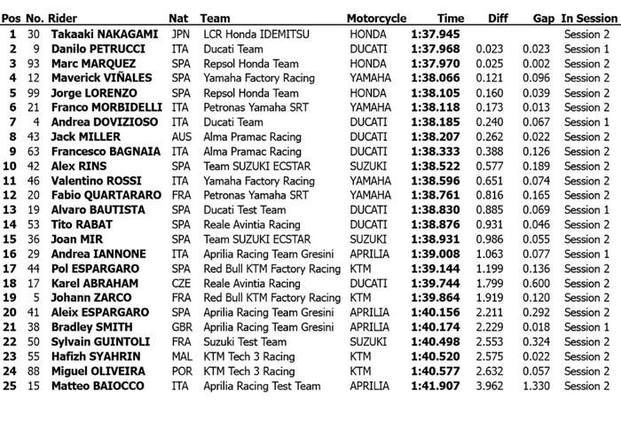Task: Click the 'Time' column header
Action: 450,18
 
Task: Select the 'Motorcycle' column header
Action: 376,18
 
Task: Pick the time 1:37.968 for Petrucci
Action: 436,49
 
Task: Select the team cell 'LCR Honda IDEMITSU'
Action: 255,34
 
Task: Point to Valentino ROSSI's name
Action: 89,181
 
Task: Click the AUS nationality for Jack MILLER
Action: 181,137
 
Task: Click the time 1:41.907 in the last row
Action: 436,386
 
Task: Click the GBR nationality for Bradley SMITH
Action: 181,327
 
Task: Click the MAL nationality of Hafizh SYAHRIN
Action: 181,356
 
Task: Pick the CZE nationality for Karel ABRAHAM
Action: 181,283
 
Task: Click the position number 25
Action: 11,386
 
